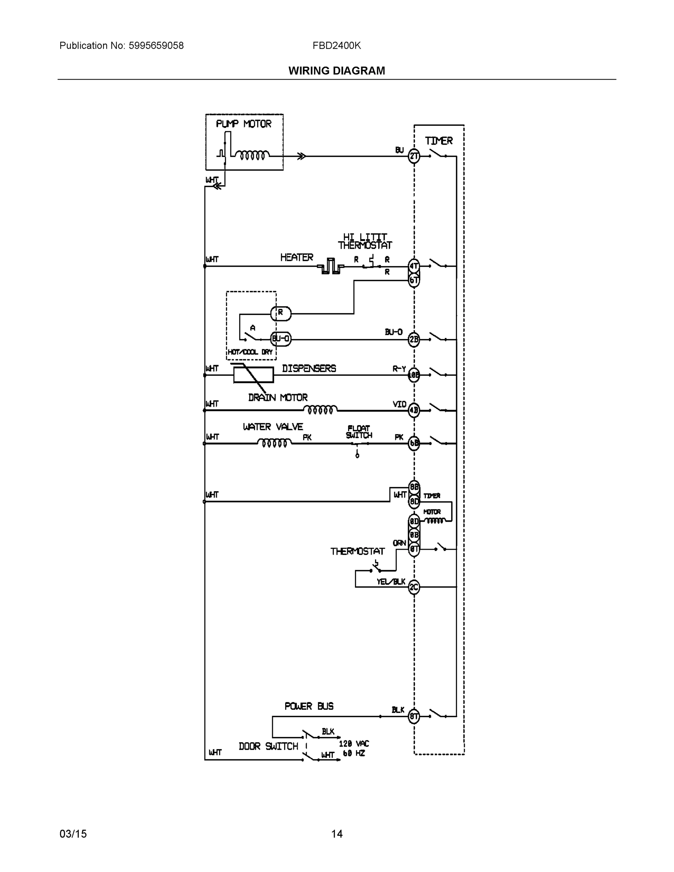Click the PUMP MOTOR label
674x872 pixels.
coord(243,124)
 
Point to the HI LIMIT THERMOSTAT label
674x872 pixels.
coord(365,241)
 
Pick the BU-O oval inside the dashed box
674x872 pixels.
coord(281,339)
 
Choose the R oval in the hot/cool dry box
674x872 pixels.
coord(281,314)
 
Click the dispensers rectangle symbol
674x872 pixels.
coord(254,375)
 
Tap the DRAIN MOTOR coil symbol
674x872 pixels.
coord(320,409)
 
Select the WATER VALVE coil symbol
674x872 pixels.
coord(274,443)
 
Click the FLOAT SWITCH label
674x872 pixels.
coord(359,432)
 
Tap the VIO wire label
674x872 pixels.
coord(399,404)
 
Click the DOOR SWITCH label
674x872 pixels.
coord(268,746)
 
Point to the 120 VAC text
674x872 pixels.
coord(354,743)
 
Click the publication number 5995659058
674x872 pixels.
coord(156,46)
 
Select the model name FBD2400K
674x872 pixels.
coord(336,46)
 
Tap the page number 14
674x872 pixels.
coord(336,834)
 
